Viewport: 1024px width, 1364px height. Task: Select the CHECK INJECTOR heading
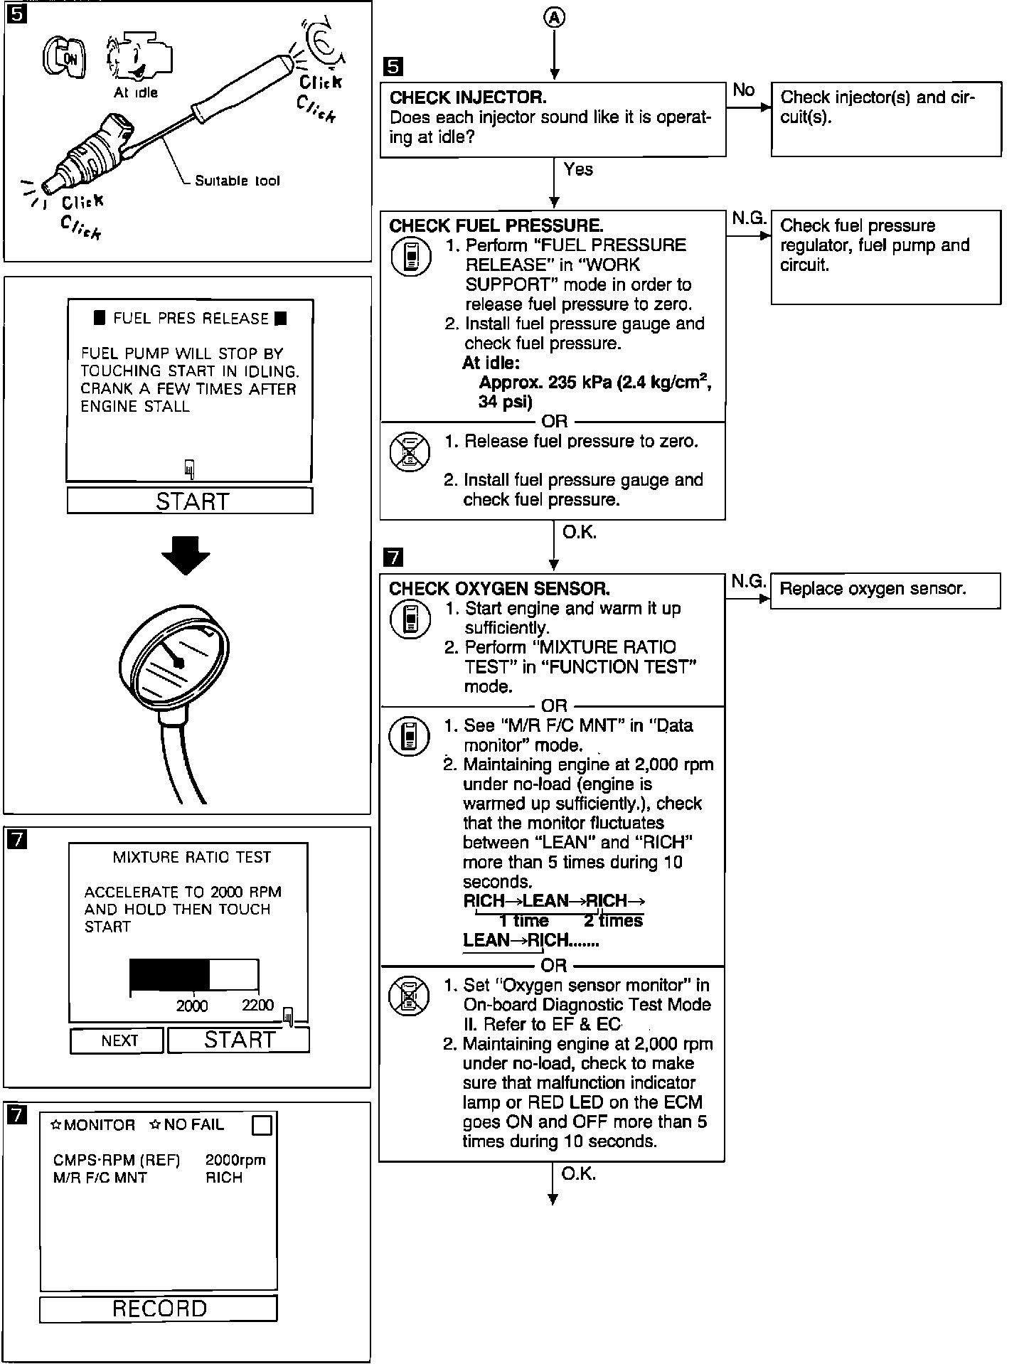tap(468, 97)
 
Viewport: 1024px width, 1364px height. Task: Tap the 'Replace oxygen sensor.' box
tap(885, 590)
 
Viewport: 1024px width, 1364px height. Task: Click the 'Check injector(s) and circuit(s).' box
tap(886, 119)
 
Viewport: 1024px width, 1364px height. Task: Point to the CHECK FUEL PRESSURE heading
tap(496, 226)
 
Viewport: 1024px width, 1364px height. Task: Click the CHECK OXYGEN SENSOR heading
tap(499, 589)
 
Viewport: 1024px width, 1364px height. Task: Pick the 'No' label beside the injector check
tap(743, 90)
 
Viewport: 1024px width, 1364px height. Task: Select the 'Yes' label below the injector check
tap(578, 169)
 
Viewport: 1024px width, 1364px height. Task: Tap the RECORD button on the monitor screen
tap(159, 1309)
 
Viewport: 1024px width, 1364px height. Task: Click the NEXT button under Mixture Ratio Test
tap(117, 1041)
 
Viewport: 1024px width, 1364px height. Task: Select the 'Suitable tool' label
tap(238, 181)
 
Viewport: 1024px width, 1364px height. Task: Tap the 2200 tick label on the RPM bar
tap(257, 1005)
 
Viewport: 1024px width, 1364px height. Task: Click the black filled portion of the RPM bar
tap(169, 975)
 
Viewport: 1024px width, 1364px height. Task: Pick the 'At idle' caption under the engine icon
tap(136, 92)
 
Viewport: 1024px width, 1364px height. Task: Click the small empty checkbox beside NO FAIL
tap(262, 1126)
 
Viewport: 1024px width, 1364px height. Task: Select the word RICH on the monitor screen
tap(224, 1178)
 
